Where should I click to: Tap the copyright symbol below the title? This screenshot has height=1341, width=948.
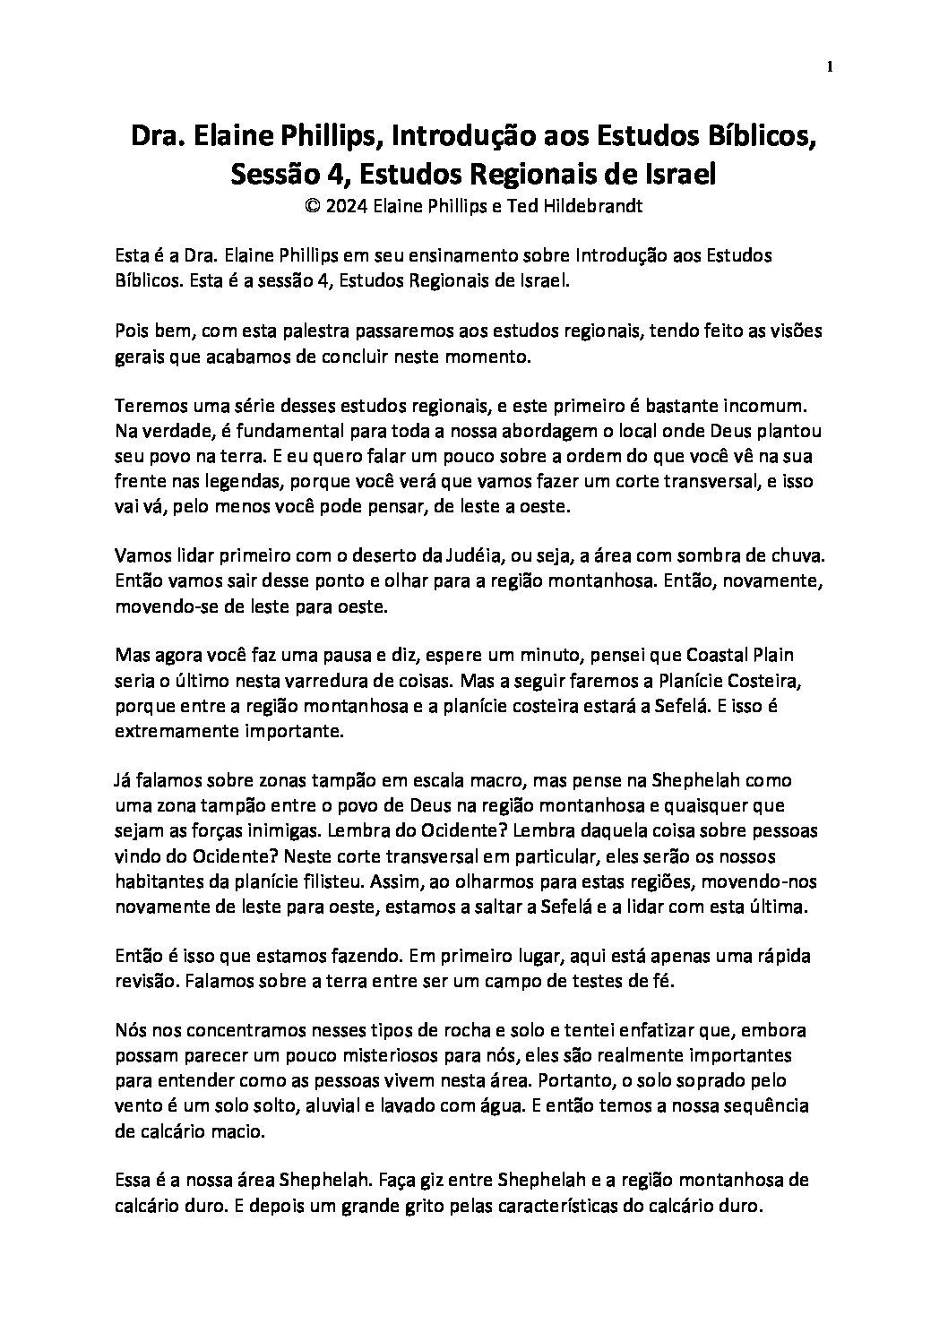pos(313,204)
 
